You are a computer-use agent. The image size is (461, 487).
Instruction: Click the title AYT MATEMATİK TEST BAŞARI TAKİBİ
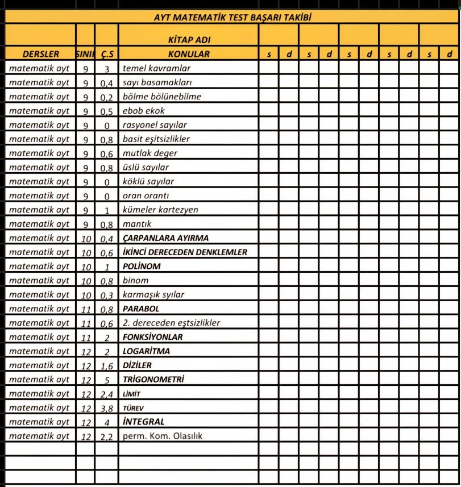[x=232, y=17]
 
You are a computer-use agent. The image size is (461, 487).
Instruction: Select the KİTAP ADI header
[x=189, y=40]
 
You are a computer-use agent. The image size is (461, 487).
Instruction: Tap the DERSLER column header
[x=40, y=55]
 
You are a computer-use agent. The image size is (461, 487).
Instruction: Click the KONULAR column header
[x=189, y=55]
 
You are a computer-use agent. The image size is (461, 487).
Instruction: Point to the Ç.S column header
[x=106, y=55]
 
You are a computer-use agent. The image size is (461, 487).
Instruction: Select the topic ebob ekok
[x=143, y=111]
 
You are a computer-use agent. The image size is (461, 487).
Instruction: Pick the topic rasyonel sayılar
[x=155, y=125]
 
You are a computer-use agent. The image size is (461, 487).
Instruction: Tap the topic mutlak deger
[x=150, y=153]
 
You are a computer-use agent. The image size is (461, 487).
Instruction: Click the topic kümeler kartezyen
[x=160, y=210]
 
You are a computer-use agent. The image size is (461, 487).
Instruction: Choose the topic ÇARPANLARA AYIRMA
[x=165, y=238]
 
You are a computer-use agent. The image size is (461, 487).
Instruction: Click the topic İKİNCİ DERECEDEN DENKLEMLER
[x=185, y=252]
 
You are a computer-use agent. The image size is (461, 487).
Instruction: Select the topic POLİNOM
[x=142, y=266]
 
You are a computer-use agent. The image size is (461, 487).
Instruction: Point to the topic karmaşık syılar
[x=153, y=295]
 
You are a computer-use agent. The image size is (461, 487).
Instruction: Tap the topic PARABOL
[x=141, y=309]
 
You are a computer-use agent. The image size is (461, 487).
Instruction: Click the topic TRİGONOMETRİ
[x=153, y=379]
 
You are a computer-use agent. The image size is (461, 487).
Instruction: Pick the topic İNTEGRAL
[x=143, y=422]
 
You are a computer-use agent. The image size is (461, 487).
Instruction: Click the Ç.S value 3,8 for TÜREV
[x=106, y=408]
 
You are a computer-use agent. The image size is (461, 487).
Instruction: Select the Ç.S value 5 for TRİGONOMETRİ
[x=106, y=380]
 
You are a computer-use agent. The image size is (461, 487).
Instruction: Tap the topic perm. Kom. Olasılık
[x=163, y=436]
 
